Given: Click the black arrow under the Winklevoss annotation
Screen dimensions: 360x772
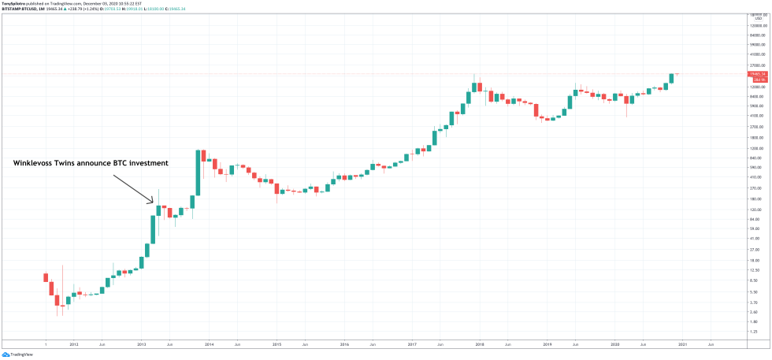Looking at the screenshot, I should point(133,188).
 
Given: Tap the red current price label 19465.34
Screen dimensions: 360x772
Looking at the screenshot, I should point(758,74).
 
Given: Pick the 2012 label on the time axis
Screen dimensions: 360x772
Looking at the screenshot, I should point(74,344).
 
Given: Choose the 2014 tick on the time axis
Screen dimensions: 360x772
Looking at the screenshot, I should point(210,344).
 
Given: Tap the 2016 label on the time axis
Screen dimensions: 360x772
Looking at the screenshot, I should point(344,344).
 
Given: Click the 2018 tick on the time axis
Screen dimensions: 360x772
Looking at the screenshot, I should point(479,344).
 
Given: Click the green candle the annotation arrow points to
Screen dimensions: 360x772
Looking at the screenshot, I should point(158,210).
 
